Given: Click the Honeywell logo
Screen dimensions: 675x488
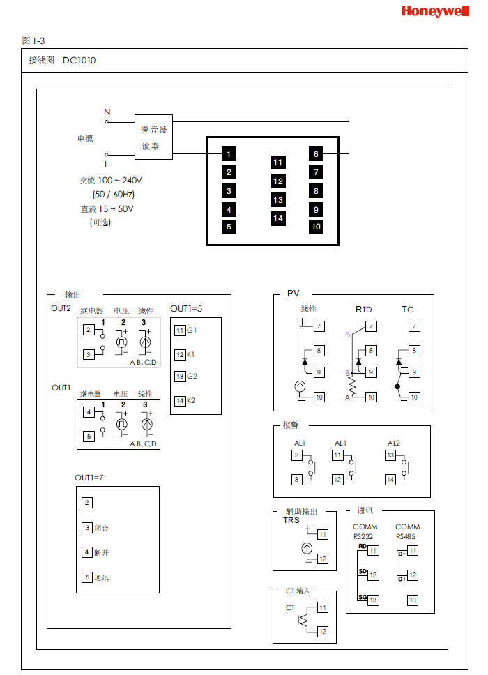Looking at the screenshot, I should pyautogui.click(x=439, y=12).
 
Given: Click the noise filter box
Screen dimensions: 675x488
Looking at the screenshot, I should pyautogui.click(x=153, y=137).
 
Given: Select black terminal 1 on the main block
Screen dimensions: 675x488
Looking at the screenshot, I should pyautogui.click(x=229, y=153).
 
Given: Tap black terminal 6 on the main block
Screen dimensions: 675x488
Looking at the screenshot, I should pyautogui.click(x=316, y=154).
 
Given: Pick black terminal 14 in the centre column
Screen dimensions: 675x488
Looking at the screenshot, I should pyautogui.click(x=278, y=218).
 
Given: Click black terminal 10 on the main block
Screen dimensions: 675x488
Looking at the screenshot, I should pyautogui.click(x=316, y=227).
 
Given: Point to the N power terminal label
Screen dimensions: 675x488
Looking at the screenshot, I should pyautogui.click(x=107, y=112).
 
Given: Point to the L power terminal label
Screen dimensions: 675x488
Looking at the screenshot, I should pyautogui.click(x=107, y=165).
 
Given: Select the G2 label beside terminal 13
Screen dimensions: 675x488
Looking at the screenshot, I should pyautogui.click(x=192, y=377).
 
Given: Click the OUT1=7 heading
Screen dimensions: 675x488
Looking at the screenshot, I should pyautogui.click(x=89, y=478).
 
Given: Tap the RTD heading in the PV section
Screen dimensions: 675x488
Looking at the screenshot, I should pyautogui.click(x=363, y=309).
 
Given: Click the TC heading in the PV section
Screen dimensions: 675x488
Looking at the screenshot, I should pyautogui.click(x=407, y=309).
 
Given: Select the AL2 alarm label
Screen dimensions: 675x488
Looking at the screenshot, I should pyautogui.click(x=394, y=443).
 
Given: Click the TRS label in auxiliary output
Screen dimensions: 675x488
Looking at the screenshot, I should pyautogui.click(x=291, y=520).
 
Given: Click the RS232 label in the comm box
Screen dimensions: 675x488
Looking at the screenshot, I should pyautogui.click(x=363, y=536).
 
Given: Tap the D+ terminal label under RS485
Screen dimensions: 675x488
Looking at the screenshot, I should pyautogui.click(x=402, y=579).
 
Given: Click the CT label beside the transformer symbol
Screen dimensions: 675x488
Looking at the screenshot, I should pyautogui.click(x=290, y=607).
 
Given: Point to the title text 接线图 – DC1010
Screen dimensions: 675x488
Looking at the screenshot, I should pyautogui.click(x=62, y=61).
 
